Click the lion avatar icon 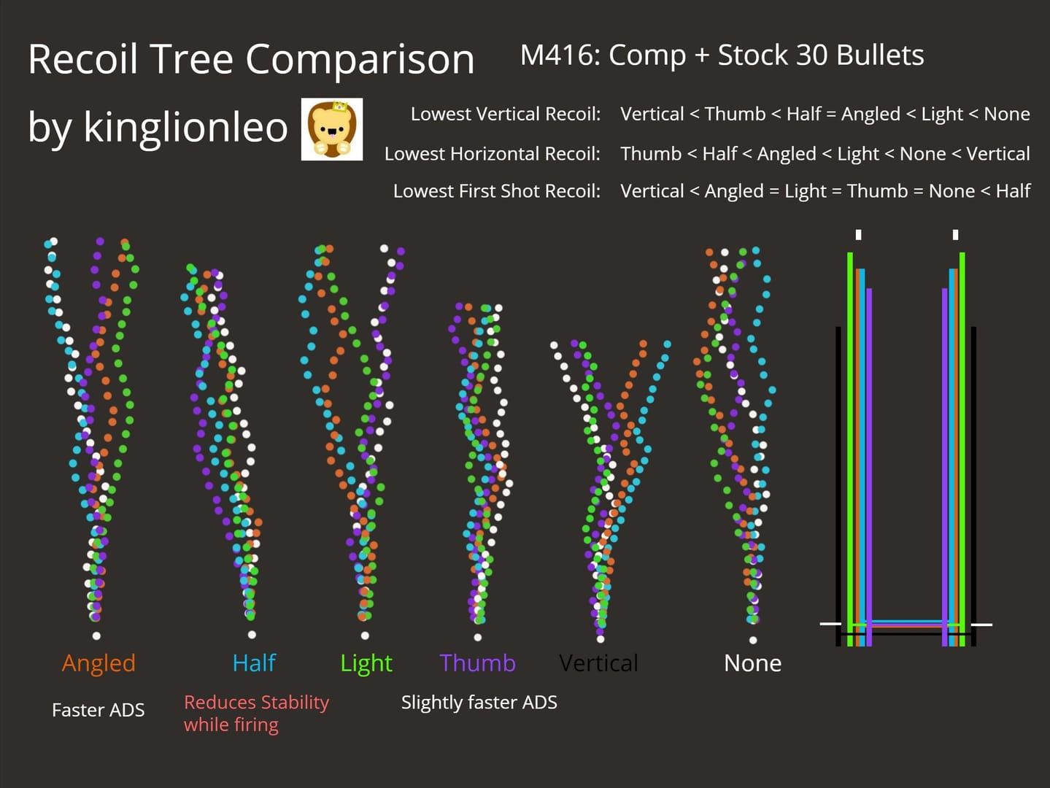pos(332,129)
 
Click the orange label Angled pos(99,663)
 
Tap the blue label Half pos(254,663)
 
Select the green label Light pos(366,663)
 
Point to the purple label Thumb pos(477,663)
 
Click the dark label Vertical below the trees pos(598,663)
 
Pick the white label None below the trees pos(752,663)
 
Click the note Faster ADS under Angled pos(99,710)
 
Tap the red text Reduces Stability pos(256,702)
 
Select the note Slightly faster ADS pos(479,702)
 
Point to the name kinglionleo pos(186,127)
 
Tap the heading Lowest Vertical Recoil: pos(506,114)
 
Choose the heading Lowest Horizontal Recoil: pos(493,153)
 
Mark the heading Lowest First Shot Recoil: pos(497,191)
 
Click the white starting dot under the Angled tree pos(96,636)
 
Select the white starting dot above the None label pos(753,640)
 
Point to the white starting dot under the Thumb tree pos(477,637)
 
